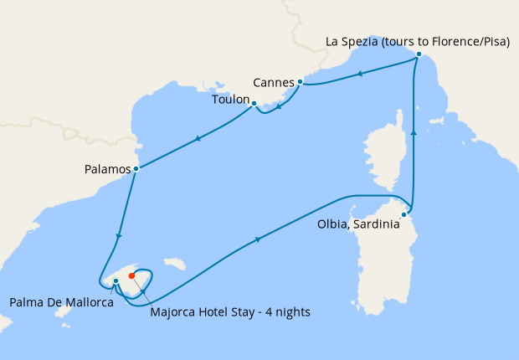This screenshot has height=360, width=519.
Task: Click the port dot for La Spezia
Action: [419, 55]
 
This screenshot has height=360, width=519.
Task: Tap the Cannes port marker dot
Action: [300, 82]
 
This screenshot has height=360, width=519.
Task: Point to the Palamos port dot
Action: [136, 169]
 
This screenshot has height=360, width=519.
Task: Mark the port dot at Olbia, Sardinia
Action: [403, 214]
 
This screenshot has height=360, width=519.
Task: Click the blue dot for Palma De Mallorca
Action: [116, 281]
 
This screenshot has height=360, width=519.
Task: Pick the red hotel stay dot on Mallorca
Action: [131, 275]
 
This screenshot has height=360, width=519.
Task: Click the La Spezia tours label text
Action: [417, 41]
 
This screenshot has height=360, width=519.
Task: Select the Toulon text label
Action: [230, 100]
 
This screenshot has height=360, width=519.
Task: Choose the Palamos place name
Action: [108, 169]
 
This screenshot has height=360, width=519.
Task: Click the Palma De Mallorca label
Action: [61, 301]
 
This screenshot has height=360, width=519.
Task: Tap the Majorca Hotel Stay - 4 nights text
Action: [230, 312]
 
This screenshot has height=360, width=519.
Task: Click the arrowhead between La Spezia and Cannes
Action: [359, 74]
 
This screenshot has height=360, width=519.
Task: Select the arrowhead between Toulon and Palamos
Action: [198, 139]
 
